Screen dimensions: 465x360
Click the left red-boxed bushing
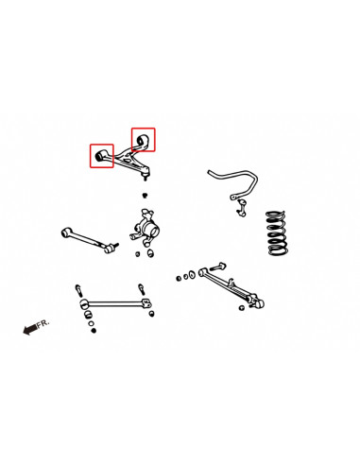pos(101,153)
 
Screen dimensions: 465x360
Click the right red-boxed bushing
pos(144,138)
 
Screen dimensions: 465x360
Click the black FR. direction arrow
pos(30,329)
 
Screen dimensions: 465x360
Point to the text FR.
pos(43,322)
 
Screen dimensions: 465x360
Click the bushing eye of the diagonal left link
pos(64,230)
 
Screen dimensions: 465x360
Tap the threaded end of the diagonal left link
pos(111,248)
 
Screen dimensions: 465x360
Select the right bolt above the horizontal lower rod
pos(140,286)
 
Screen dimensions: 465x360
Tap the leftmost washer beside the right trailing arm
pos(179,278)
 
